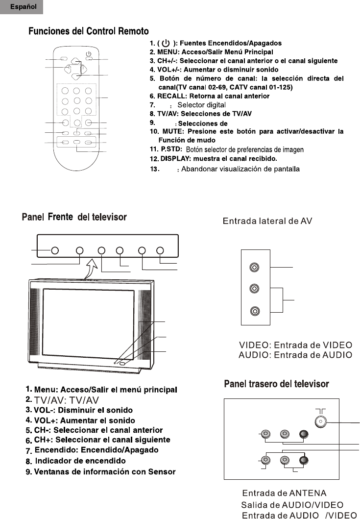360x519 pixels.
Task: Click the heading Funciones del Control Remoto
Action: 89,31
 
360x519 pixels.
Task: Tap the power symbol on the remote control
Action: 89,53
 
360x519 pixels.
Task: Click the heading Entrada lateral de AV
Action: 267,221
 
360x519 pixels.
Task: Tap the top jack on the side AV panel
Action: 254,268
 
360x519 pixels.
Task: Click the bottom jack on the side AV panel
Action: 254,311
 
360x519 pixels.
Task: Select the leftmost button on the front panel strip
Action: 55,250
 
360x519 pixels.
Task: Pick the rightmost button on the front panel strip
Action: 160,250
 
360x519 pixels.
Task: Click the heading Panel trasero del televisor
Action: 276,384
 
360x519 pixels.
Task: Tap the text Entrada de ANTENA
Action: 284,493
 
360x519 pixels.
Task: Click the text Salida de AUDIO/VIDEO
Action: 292,505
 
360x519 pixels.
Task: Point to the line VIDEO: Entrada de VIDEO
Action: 295,345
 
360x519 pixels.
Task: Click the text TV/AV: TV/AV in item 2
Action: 67,400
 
